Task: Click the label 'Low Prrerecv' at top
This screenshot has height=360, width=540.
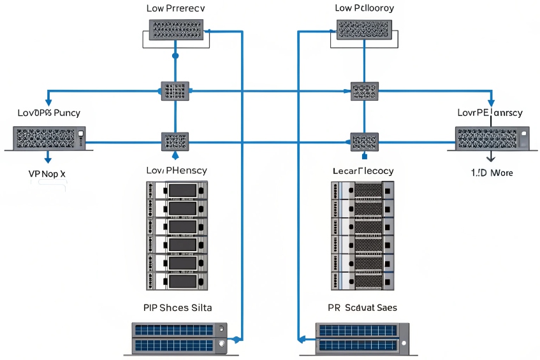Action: pyautogui.click(x=175, y=8)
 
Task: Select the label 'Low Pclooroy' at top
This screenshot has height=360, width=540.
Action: pyautogui.click(x=364, y=8)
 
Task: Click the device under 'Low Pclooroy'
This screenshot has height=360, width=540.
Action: pyautogui.click(x=364, y=30)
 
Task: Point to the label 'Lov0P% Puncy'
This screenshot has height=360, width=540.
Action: pyautogui.click(x=48, y=113)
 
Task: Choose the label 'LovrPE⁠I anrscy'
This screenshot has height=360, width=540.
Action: pyautogui.click(x=490, y=113)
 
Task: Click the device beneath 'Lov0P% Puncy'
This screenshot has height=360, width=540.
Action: pyautogui.click(x=50, y=136)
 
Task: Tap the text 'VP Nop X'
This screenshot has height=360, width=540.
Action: pyautogui.click(x=47, y=173)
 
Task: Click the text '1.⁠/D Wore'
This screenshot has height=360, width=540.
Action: pyautogui.click(x=492, y=173)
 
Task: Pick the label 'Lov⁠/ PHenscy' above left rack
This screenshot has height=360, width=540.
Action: pyautogui.click(x=176, y=171)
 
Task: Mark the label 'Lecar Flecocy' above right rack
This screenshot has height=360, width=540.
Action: pyautogui.click(x=363, y=171)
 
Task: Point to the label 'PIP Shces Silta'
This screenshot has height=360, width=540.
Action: pyautogui.click(x=177, y=308)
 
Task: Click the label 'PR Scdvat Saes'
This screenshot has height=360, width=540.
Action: pyautogui.click(x=362, y=308)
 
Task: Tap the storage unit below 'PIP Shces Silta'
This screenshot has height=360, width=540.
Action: pyautogui.click(x=179, y=338)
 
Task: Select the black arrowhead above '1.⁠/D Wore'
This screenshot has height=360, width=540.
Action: pyautogui.click(x=491, y=161)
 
